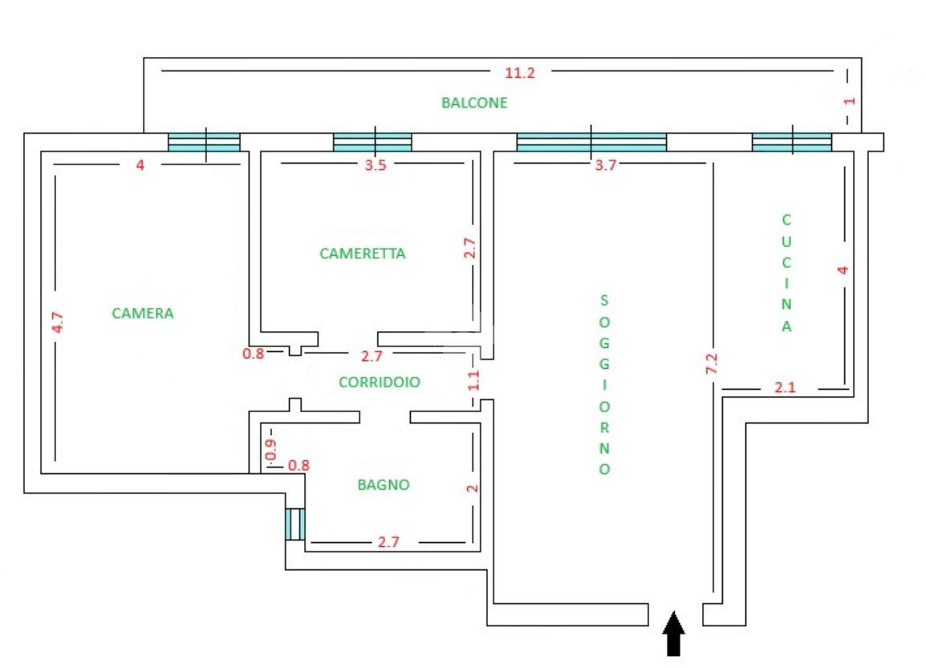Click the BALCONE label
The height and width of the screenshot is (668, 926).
pos(474,103)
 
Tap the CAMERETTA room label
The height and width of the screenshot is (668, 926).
pos(363,253)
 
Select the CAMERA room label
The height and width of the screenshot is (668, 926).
pos(143,313)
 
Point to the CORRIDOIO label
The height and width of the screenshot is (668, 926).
pos(379,383)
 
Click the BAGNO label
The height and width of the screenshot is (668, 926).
pos(384,484)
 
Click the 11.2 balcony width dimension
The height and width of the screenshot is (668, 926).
pos(520,72)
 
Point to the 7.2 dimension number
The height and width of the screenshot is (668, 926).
pos(712,362)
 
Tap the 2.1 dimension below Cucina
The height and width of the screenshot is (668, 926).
pos(786,388)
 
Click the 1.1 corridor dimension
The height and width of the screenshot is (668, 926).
pos(473,379)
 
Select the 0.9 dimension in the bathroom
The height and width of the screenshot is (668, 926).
pos(270,451)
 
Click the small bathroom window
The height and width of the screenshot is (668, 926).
pos(294,524)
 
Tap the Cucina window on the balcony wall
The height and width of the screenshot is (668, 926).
pos(792,142)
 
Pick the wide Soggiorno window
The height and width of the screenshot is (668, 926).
pos(591,142)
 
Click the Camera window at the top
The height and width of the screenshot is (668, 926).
pos(204,142)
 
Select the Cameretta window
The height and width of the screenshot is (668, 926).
pos(372,142)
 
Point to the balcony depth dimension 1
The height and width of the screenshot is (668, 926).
pos(851,101)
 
